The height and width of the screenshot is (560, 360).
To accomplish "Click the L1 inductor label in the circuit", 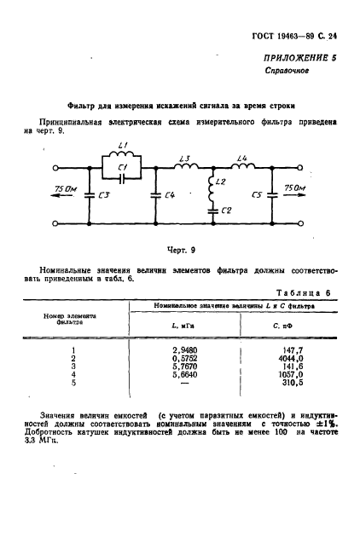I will [x=122, y=146].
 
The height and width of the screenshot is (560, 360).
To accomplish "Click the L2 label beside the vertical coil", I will [x=221, y=183].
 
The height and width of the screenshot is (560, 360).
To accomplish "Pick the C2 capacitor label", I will [x=225, y=209].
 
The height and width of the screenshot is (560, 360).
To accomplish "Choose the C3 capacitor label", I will [x=104, y=195].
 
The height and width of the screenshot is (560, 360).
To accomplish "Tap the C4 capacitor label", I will [x=169, y=195].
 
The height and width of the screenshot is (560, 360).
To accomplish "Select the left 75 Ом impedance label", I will [x=66, y=188].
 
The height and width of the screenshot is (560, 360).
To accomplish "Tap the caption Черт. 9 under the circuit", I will [x=180, y=250].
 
